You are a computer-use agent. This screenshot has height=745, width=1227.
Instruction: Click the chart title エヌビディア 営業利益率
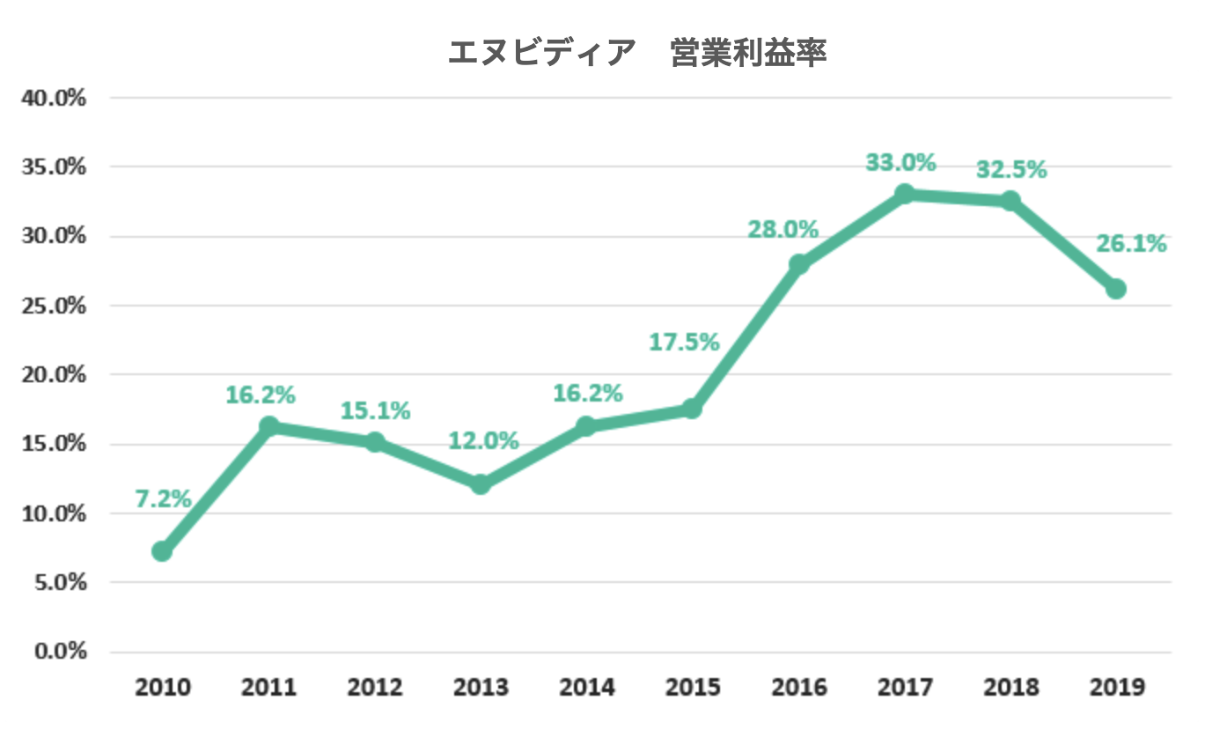pos(637,53)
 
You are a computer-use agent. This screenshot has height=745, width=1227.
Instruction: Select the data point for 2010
pos(162,551)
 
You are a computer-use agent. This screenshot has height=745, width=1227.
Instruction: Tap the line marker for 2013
pos(481,484)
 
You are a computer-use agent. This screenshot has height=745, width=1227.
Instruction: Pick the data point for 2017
pos(904,194)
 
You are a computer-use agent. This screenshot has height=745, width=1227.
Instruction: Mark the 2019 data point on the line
pos(1116,288)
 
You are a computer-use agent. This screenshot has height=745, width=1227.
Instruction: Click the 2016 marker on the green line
pos(798,264)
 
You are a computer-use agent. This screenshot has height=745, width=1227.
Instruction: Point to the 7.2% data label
pos(163,498)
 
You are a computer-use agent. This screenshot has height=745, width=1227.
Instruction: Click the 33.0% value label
pos(901,162)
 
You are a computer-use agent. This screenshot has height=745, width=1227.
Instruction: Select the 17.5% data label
pos(684,342)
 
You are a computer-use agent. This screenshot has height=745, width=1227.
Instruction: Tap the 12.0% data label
pos(484,441)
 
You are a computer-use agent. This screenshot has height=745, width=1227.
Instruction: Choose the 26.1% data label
pos(1132,244)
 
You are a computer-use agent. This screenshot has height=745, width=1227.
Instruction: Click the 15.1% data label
pos(375,410)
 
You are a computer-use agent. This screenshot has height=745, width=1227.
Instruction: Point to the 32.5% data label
pos(1011,169)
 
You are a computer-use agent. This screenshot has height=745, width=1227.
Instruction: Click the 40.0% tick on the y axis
pos(54,98)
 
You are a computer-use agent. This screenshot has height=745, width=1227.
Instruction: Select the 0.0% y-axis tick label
pos(60,652)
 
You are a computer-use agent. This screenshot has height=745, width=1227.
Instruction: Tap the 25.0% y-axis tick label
pos(54,306)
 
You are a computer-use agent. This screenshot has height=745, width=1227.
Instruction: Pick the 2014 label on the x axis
pos(587,687)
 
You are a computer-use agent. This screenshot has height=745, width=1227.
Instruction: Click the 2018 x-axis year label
pos(1011,687)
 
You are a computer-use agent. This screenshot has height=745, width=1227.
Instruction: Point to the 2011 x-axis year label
pos(268,687)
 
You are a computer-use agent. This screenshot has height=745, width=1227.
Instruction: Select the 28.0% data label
pos(783,229)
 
